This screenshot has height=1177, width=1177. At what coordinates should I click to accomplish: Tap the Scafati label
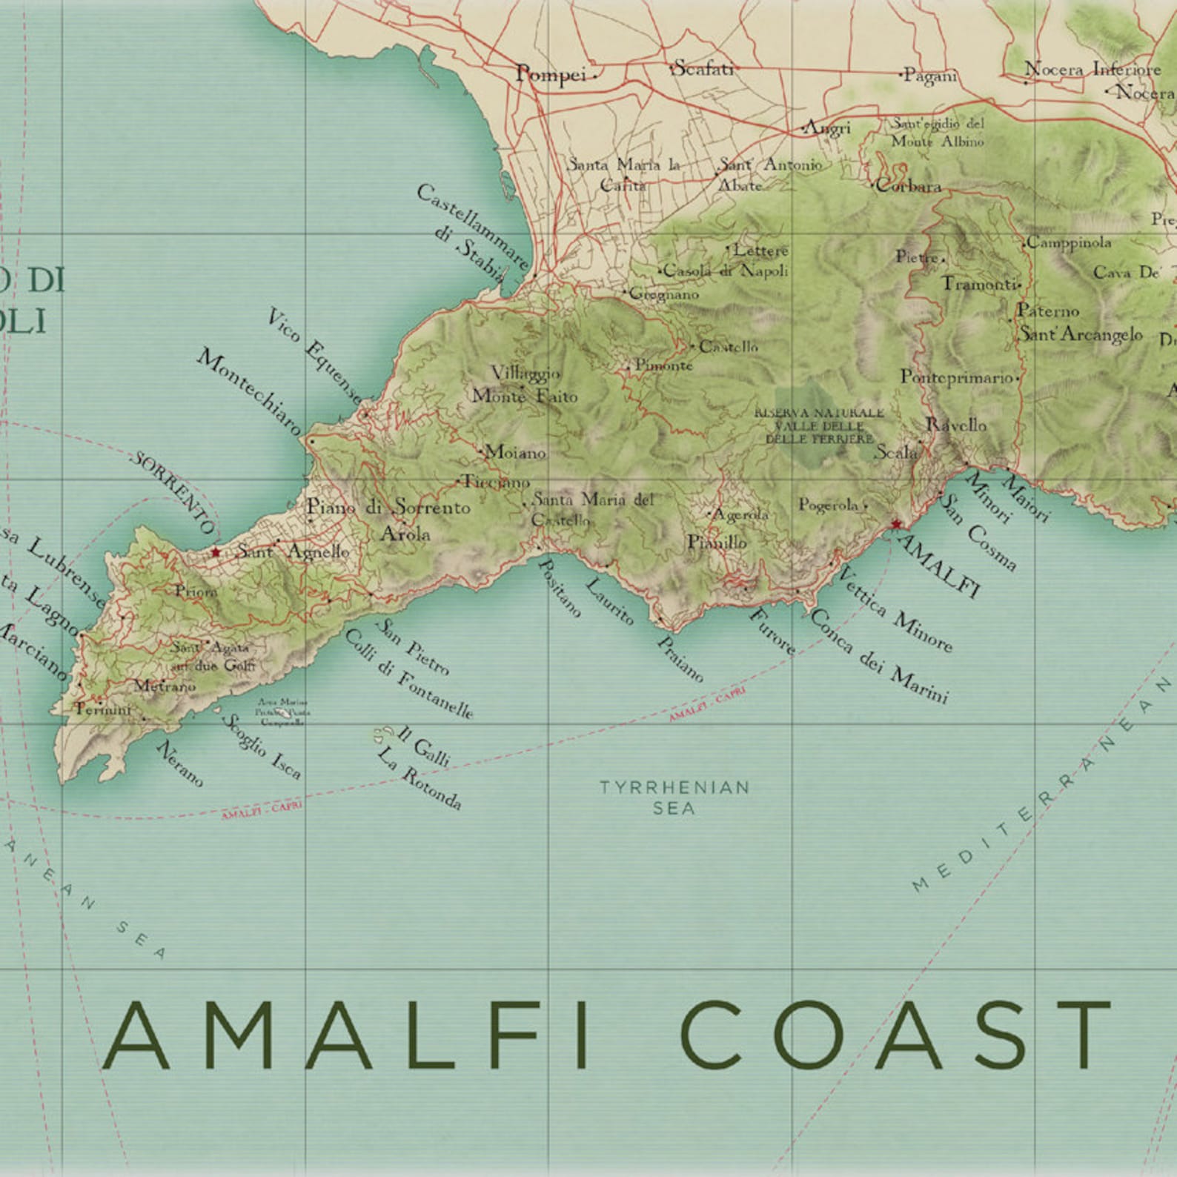click(702, 69)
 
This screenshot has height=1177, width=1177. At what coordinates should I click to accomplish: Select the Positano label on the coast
click(559, 588)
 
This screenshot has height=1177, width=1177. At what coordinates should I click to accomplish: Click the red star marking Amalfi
click(896, 524)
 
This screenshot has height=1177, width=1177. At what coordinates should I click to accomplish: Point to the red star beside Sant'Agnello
click(216, 552)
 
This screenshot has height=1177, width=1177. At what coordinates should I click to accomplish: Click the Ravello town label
click(956, 425)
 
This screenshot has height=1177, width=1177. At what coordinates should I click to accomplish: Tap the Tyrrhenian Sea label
click(674, 797)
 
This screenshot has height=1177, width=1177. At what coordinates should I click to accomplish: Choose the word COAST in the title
click(895, 1035)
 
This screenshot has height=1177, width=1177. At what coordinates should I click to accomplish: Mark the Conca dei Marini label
click(880, 656)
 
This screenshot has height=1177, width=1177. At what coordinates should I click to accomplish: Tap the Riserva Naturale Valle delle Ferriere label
click(819, 425)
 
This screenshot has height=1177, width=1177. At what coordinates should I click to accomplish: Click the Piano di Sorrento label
click(388, 507)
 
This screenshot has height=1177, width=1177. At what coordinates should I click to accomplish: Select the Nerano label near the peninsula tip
click(179, 763)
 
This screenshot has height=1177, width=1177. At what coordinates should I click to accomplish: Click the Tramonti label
click(978, 284)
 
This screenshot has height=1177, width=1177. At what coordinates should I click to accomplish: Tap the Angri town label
click(828, 128)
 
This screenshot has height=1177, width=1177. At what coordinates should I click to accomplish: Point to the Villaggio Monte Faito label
click(525, 384)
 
